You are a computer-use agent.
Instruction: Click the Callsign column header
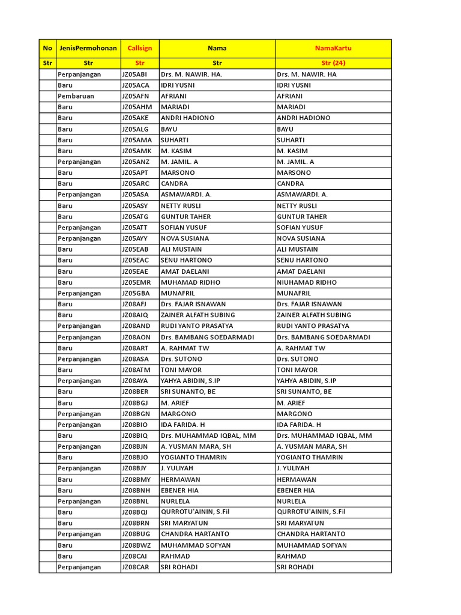139,48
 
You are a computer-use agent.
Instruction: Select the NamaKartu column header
333,48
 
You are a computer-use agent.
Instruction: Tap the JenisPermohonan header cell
88,48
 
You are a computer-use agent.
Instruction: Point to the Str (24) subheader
333,62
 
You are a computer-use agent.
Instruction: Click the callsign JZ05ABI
135,74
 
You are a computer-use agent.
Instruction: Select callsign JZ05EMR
136,282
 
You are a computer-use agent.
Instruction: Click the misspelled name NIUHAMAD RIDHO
307,282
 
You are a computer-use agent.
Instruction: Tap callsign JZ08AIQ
135,315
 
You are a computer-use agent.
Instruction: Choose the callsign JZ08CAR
135,567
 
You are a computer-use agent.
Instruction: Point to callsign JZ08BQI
135,512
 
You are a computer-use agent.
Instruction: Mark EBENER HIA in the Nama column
179,490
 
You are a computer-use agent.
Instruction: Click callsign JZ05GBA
136,293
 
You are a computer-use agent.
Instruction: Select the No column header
47,48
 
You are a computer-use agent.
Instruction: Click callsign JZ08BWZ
136,545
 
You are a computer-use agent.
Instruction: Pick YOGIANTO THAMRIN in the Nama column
194,457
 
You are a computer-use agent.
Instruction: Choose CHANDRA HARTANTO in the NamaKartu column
311,534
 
